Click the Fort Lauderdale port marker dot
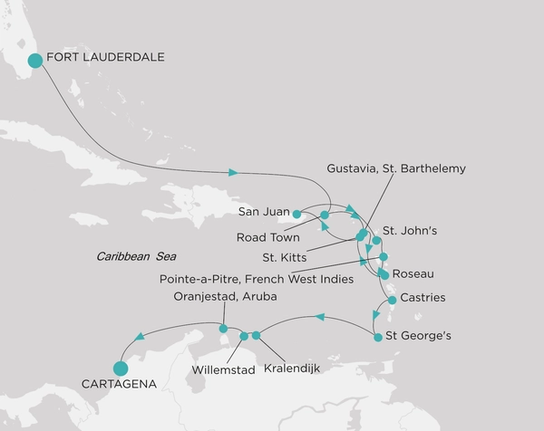click(35, 61)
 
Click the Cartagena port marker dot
click(119, 368)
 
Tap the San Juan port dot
click(297, 215)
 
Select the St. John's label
click(410, 231)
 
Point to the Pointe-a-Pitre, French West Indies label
click(257, 280)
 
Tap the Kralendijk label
click(291, 369)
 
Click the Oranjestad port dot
click(223, 329)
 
